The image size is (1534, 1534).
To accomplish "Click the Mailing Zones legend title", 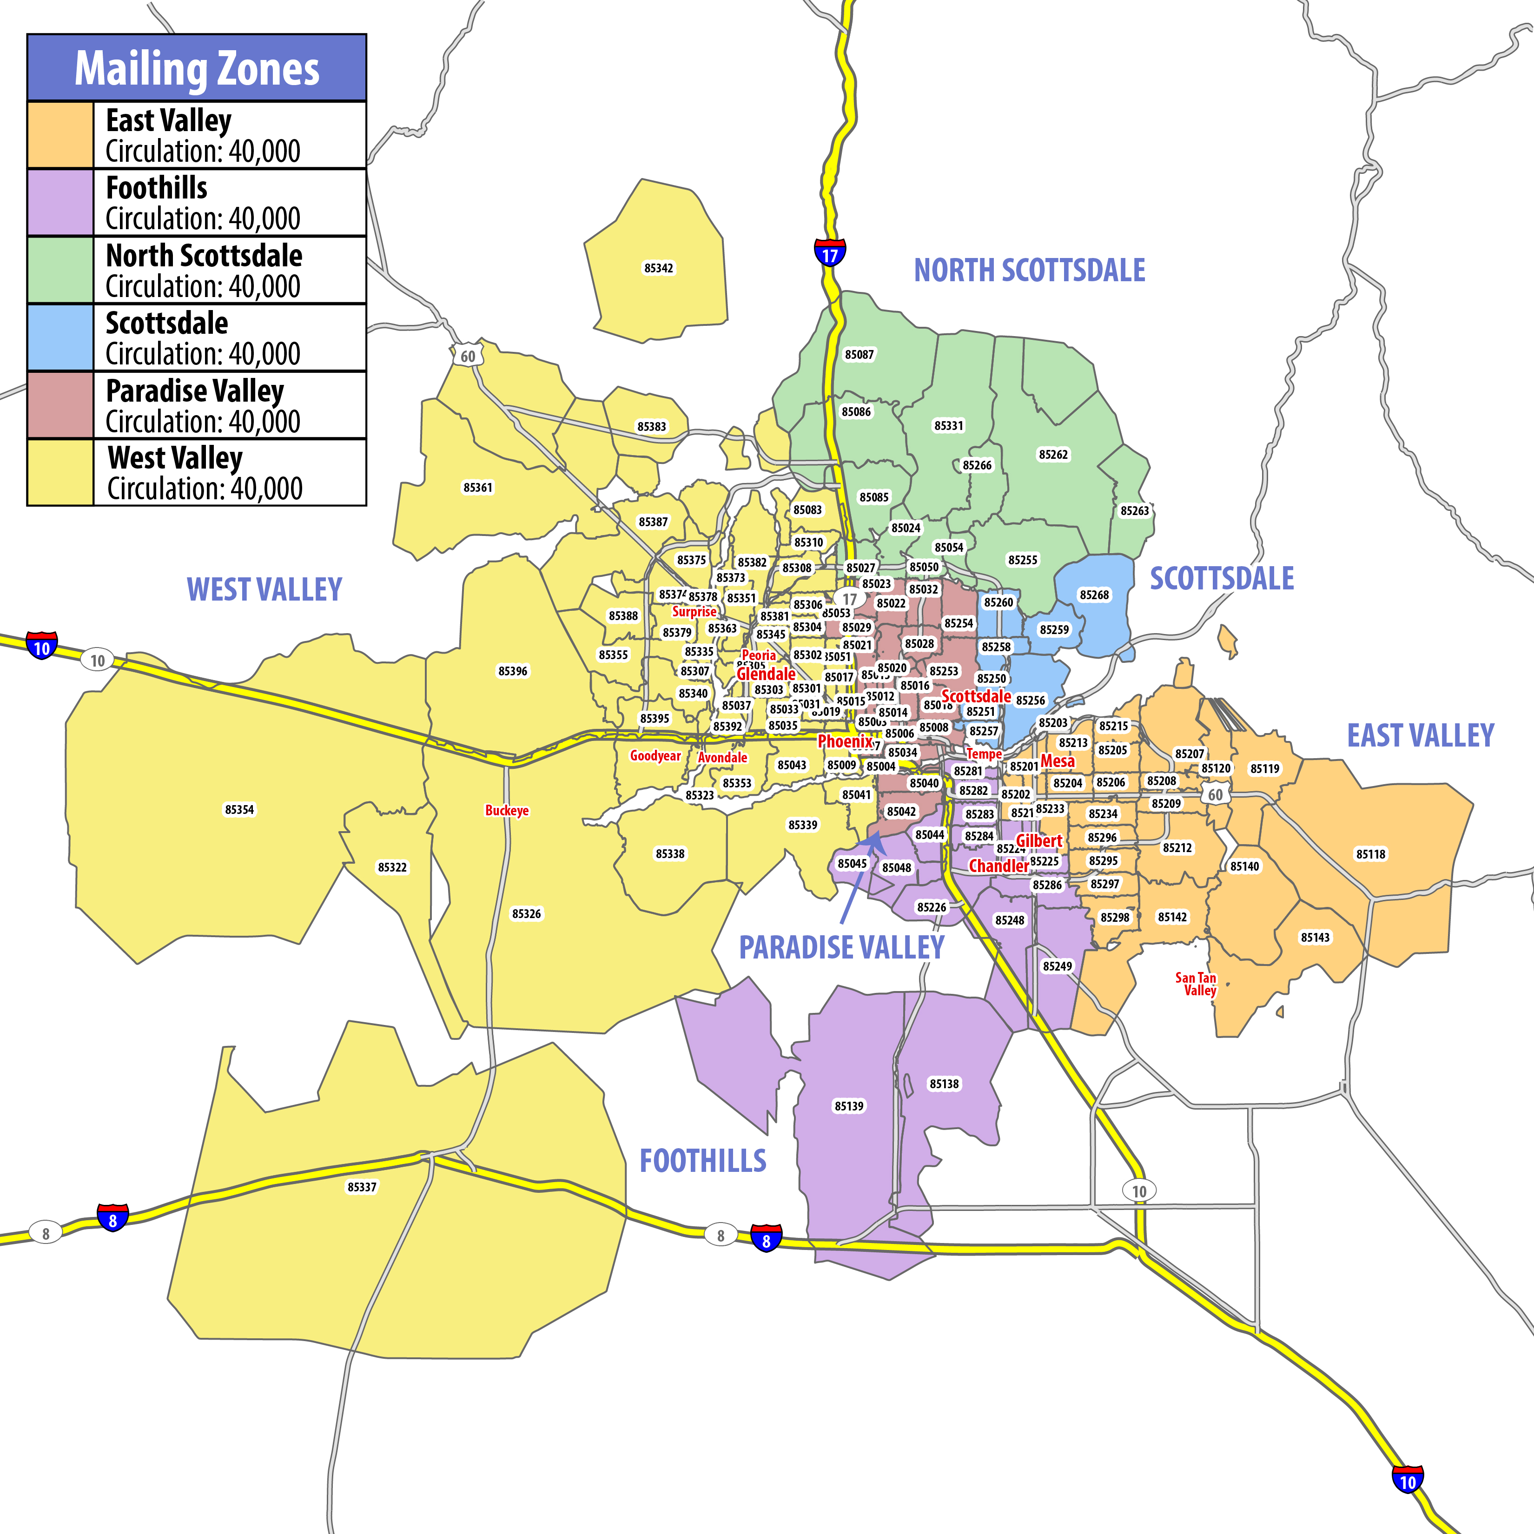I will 197,68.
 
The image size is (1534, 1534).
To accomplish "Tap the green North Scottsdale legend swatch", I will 60,270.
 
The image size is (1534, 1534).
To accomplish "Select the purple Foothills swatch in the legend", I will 60,203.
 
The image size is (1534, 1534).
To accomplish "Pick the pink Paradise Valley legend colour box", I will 60,405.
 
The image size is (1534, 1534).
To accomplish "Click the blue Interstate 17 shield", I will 830,252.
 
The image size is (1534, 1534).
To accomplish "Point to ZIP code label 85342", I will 658,268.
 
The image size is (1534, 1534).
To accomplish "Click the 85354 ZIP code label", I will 239,809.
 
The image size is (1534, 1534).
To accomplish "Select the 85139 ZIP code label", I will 849,1106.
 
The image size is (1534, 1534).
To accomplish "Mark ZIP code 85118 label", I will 1370,854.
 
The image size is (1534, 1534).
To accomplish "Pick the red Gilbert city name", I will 1038,841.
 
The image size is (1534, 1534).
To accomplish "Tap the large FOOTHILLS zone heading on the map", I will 703,1161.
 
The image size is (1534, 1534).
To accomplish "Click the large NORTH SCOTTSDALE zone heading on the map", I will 1029,270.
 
